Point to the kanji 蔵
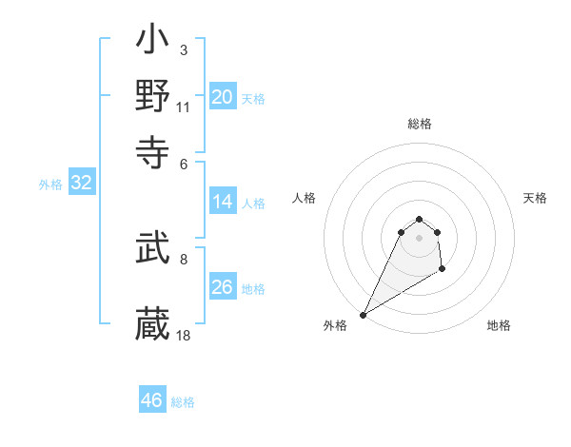coord(152,323)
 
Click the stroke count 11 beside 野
coord(184,107)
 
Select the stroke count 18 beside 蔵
coord(184,335)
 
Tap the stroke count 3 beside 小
coord(183,49)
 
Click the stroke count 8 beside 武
coord(183,258)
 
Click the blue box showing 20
coord(223,96)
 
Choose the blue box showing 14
coord(223,202)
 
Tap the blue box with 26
coord(223,286)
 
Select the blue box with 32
coord(81,184)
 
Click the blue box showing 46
coord(152,400)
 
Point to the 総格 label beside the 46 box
coord(183,402)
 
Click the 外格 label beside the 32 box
coord(50,185)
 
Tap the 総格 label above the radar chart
coord(420,124)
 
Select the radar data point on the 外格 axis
coord(363,315)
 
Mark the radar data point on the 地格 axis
coord(443,270)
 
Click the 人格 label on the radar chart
coord(305,198)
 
